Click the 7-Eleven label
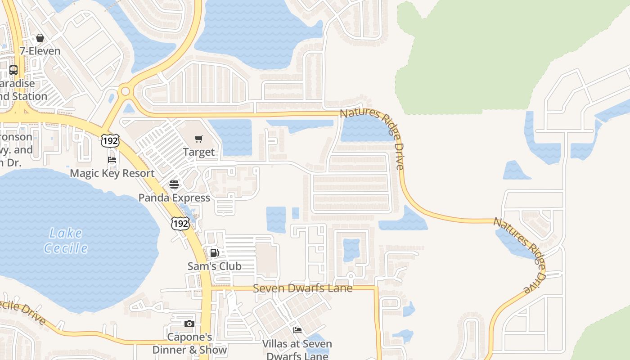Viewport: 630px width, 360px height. point(40,51)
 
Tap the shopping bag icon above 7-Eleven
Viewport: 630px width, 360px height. point(40,38)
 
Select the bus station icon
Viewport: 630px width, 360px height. point(13,70)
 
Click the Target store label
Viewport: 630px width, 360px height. point(199,152)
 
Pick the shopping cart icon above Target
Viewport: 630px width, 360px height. point(199,139)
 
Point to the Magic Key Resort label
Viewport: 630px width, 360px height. point(112,173)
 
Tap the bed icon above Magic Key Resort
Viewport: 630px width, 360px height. point(112,160)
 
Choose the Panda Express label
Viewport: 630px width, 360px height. point(174,198)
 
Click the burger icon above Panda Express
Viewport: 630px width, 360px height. point(174,184)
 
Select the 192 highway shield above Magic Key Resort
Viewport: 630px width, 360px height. point(110,141)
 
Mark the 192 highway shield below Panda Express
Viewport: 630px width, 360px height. point(180,223)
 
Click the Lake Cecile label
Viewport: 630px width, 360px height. point(66,240)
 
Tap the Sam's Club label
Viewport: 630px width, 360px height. point(215,266)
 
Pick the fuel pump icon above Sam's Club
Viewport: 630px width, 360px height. point(215,253)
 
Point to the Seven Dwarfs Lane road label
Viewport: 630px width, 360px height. point(302,288)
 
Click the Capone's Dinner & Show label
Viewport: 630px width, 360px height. point(189,343)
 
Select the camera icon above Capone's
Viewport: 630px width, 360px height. point(189,324)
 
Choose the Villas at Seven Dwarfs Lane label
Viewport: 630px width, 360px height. point(297,350)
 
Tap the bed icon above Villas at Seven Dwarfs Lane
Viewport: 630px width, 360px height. point(297,330)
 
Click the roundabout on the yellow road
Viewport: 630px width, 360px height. point(126,92)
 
